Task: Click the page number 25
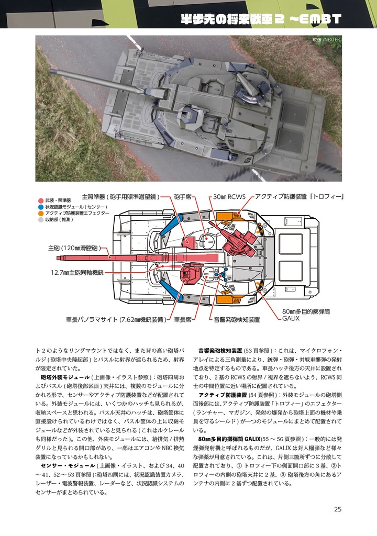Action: click(x=337, y=509)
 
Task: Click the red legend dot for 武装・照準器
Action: click(x=41, y=200)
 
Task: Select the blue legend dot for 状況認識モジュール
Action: click(x=41, y=207)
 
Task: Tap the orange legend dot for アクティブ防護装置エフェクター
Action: click(x=41, y=214)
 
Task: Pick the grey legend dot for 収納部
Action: click(x=41, y=220)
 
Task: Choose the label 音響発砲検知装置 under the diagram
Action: click(x=236, y=319)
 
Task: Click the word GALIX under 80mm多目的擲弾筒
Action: click(x=291, y=318)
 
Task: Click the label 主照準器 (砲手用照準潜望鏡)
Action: click(x=120, y=197)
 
